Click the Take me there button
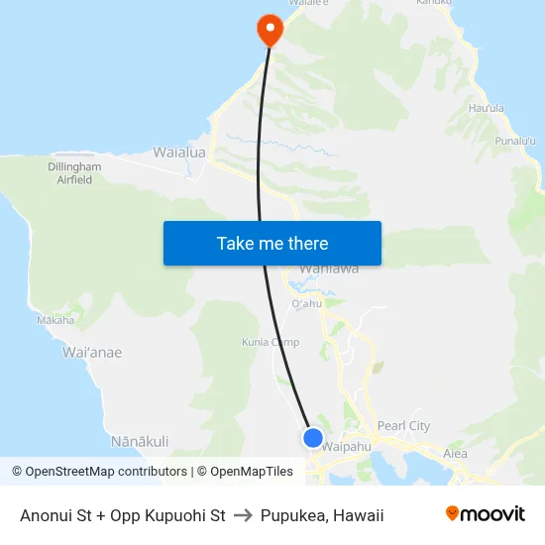click(272, 243)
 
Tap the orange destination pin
click(269, 29)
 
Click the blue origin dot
click(313, 437)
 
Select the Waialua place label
click(178, 153)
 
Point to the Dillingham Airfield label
click(74, 174)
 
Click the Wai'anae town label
click(92, 352)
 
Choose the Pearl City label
click(404, 426)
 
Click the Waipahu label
click(346, 446)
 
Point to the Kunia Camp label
click(271, 342)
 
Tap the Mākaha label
click(55, 320)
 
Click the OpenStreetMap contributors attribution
click(102, 472)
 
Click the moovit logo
click(486, 514)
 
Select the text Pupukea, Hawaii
click(322, 515)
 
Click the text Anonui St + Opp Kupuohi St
click(123, 515)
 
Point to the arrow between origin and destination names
click(243, 515)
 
